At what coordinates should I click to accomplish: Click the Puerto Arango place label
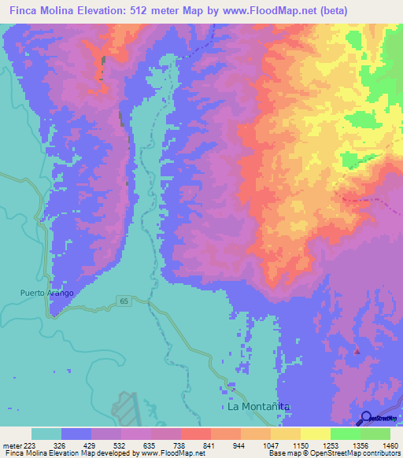[47, 294]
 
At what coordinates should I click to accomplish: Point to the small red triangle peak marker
[357, 352]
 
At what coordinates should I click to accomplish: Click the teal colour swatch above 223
[46, 434]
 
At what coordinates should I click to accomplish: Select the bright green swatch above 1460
[375, 434]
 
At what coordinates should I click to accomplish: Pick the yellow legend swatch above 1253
[316, 434]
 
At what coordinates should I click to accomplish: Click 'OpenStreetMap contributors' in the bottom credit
[362, 454]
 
